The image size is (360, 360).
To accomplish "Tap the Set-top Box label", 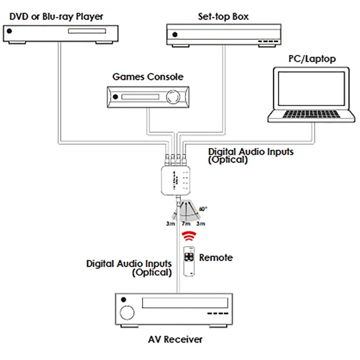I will click(x=223, y=16).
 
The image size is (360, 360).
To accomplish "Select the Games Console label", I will click(x=148, y=77).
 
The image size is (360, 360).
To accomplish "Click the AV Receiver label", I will click(x=175, y=340).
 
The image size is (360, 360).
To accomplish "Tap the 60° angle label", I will click(x=203, y=209).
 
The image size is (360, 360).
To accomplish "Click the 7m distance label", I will click(x=185, y=223).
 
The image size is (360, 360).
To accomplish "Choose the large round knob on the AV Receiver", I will click(x=127, y=313).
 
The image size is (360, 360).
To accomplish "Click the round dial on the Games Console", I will click(x=174, y=97).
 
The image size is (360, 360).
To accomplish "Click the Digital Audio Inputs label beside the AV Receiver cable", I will click(x=129, y=268).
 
